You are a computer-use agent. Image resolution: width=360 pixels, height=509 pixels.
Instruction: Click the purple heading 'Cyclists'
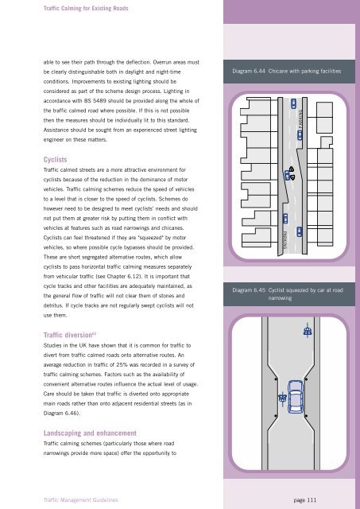click(55, 159)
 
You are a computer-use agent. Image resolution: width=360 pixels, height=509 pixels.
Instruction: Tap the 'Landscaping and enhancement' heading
click(90, 433)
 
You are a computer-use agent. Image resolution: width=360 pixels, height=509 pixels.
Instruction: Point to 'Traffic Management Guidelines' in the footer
click(81, 500)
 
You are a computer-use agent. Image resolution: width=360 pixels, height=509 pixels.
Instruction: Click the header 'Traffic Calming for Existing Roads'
click(86, 8)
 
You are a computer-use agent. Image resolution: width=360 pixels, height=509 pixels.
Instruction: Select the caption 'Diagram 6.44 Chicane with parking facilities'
click(286, 71)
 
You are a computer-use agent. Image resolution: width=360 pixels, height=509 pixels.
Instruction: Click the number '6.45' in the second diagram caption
click(259, 289)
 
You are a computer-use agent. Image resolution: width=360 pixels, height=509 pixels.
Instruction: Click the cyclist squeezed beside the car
click(282, 398)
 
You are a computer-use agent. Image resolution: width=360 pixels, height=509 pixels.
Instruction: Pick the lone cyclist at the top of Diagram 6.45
click(308, 331)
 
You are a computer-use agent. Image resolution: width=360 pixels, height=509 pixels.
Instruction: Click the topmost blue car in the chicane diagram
click(293, 103)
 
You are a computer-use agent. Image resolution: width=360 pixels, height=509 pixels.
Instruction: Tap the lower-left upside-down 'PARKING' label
click(285, 240)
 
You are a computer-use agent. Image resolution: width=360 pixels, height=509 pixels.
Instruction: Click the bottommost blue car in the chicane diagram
click(299, 231)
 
